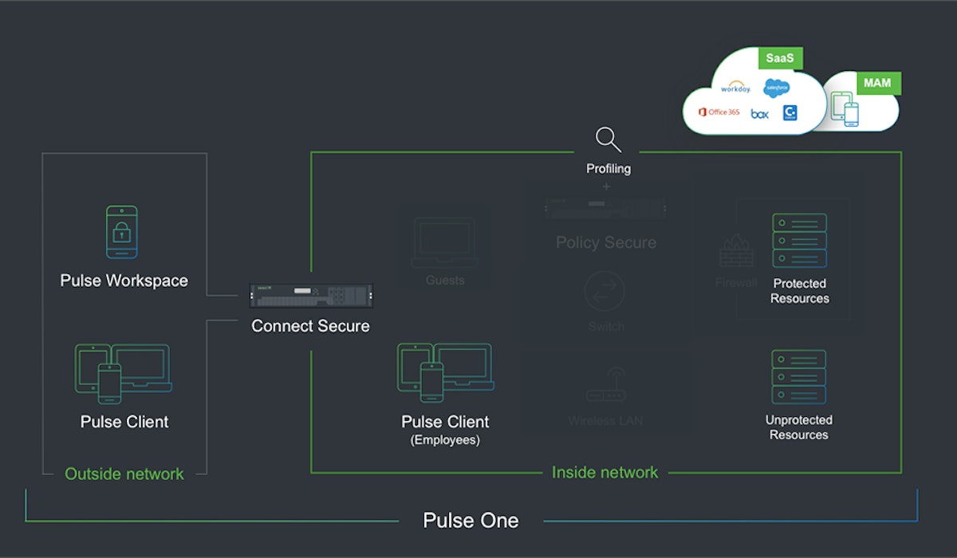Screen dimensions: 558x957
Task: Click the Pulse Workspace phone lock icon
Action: click(122, 232)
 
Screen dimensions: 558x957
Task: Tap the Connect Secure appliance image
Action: click(311, 297)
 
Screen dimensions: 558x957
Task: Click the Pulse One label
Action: click(471, 521)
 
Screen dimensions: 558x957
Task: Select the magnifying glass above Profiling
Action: click(608, 139)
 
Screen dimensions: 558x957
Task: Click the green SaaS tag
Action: click(781, 58)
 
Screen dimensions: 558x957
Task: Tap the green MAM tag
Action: click(878, 82)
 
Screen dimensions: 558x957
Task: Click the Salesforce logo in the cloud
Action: click(776, 88)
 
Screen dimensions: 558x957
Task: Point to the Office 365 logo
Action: click(719, 112)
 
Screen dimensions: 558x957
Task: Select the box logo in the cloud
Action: click(759, 114)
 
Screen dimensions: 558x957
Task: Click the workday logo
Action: click(734, 88)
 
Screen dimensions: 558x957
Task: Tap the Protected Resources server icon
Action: click(799, 240)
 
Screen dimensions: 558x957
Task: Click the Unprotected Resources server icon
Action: click(798, 376)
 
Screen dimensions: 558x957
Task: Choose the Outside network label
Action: click(124, 474)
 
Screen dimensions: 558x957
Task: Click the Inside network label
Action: click(605, 472)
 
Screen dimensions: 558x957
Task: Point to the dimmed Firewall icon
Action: click(735, 250)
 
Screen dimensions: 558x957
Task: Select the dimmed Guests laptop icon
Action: click(444, 242)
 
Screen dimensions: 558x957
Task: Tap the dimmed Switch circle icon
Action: click(606, 291)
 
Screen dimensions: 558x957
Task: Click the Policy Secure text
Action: click(606, 242)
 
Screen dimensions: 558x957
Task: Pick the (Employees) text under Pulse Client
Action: click(445, 440)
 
